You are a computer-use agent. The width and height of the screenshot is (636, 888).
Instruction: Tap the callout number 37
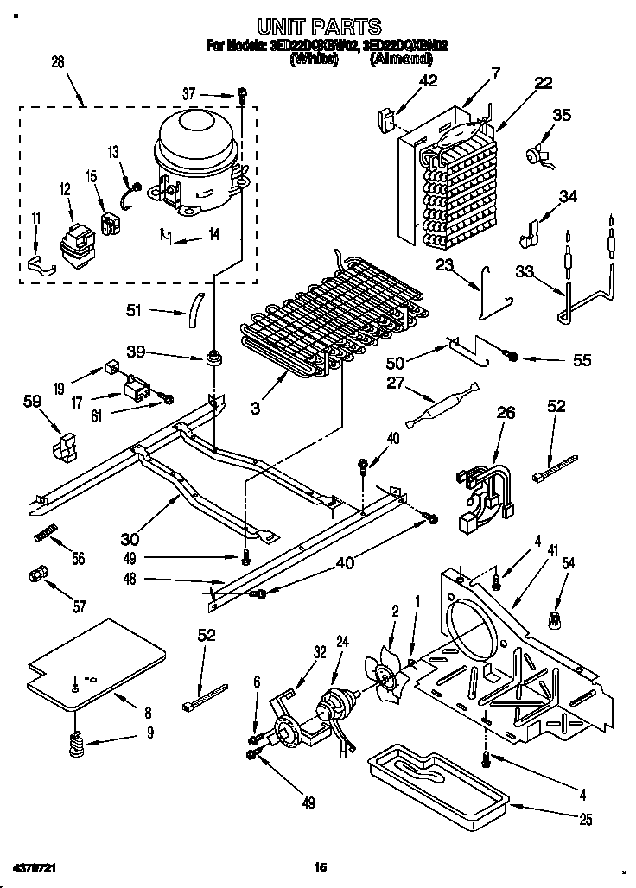(x=214, y=92)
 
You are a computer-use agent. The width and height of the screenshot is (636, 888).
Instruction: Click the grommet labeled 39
(x=212, y=356)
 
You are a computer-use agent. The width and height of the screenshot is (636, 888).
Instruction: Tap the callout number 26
(x=506, y=414)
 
